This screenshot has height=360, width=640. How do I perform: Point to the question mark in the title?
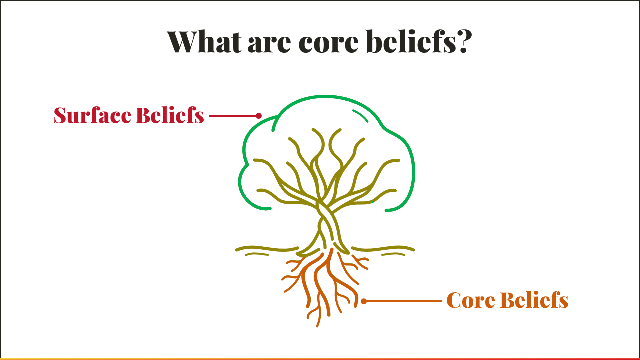(x=463, y=42)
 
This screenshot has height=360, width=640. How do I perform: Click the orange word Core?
(x=470, y=300)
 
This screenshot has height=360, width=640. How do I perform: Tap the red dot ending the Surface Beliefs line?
(x=259, y=116)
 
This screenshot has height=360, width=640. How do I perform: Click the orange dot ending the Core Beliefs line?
(x=364, y=301)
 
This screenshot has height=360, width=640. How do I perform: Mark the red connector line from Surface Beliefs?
(x=233, y=116)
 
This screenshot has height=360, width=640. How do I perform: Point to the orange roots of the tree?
(x=320, y=285)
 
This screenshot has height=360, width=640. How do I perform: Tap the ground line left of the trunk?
(x=265, y=248)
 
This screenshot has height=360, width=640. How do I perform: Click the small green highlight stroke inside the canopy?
(x=361, y=115)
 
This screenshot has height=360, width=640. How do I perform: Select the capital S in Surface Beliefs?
(x=60, y=115)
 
